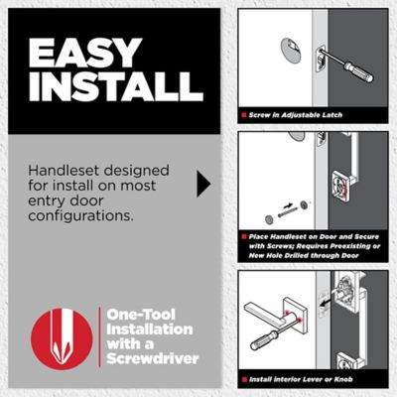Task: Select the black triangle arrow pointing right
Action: click(x=203, y=184)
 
